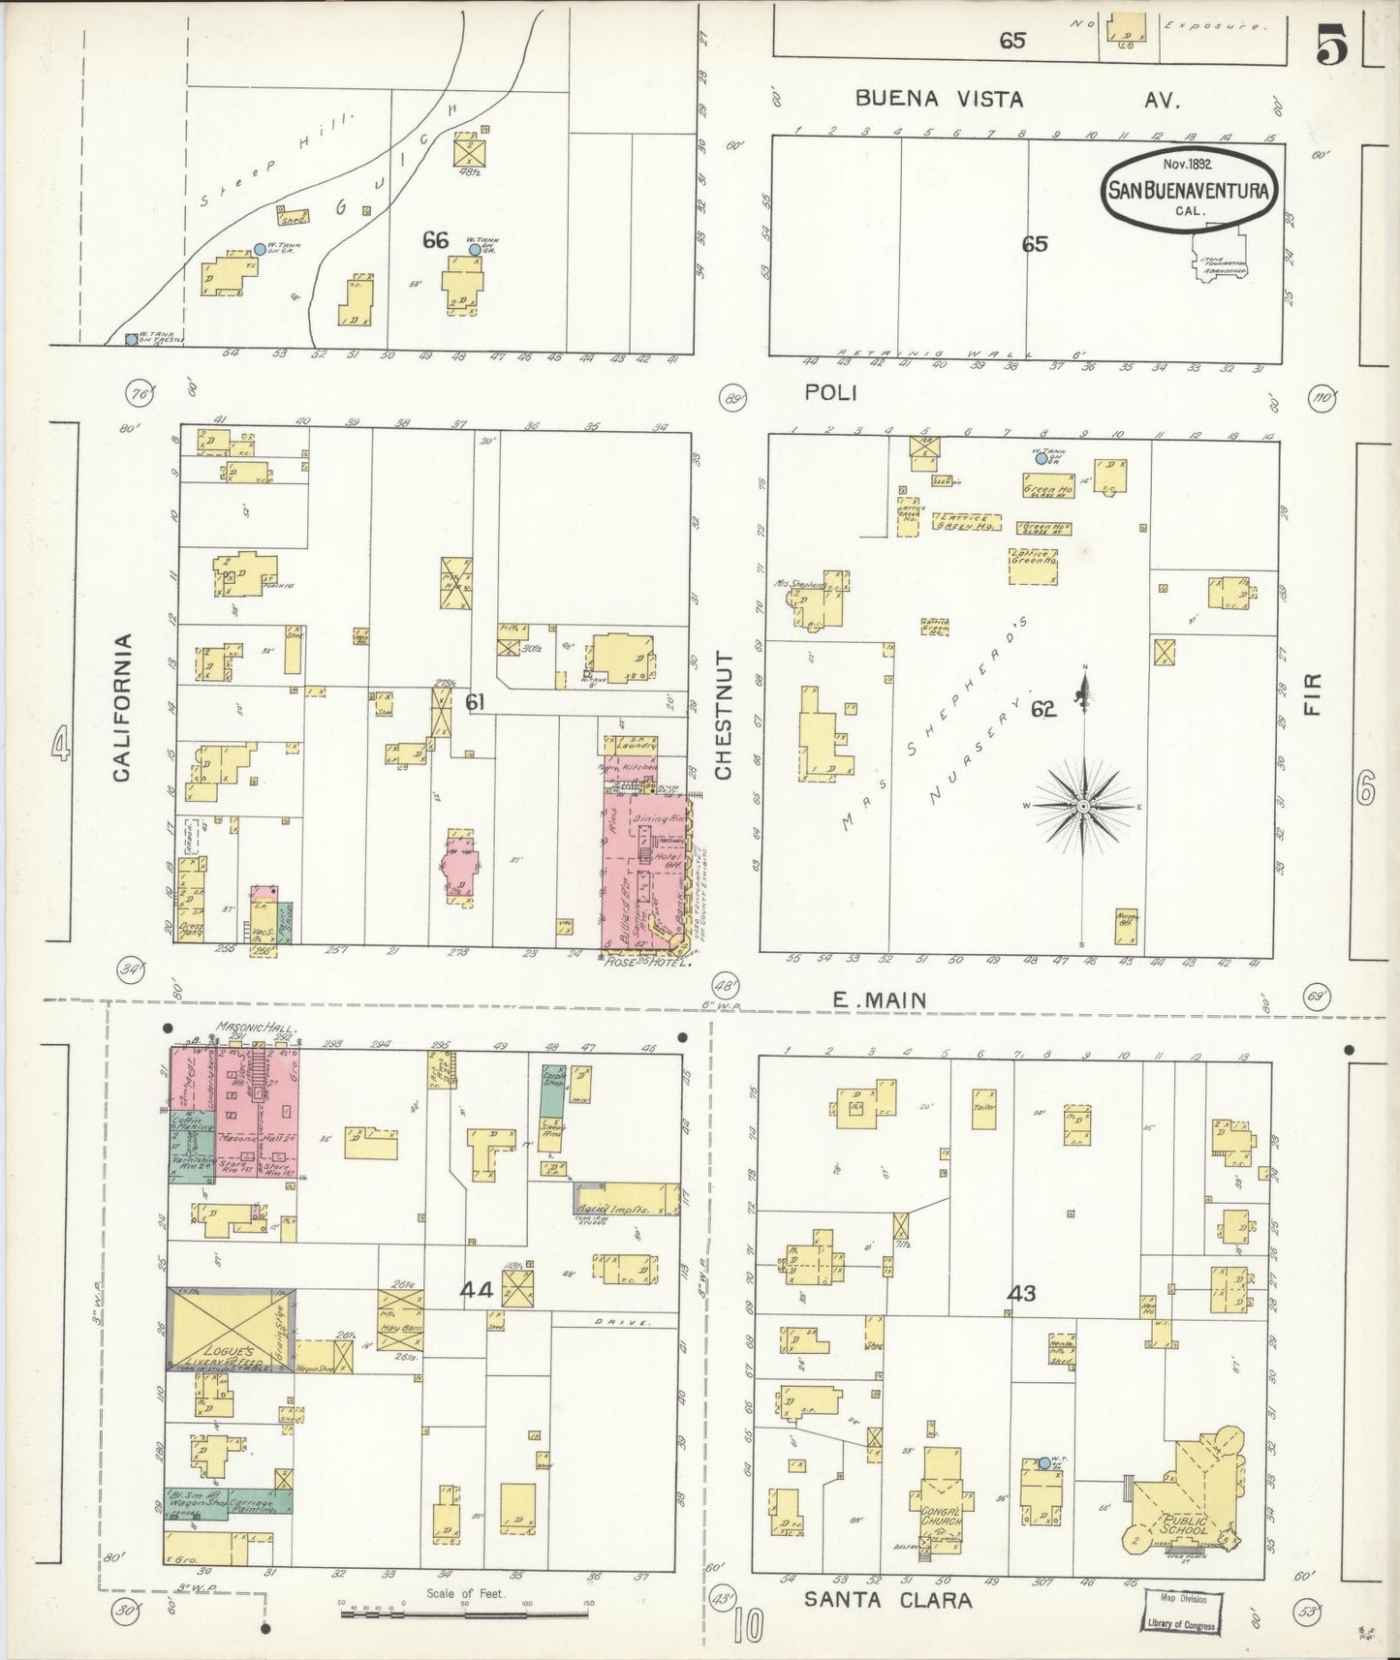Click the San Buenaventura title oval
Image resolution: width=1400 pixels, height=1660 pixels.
pos(1188,190)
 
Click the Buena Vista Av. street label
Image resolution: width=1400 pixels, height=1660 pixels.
pos(1017,99)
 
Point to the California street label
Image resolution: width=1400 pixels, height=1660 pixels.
pos(122,707)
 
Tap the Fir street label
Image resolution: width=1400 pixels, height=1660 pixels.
pos(1312,694)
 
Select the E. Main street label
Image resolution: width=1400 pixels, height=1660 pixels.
pos(880,1000)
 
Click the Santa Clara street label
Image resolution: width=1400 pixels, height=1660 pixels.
pos(887,1599)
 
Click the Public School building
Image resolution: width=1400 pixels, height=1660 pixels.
pos(1184,1501)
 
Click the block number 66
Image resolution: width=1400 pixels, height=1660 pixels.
pos(435,239)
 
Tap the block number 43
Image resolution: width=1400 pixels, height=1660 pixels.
pos(1021,1292)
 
